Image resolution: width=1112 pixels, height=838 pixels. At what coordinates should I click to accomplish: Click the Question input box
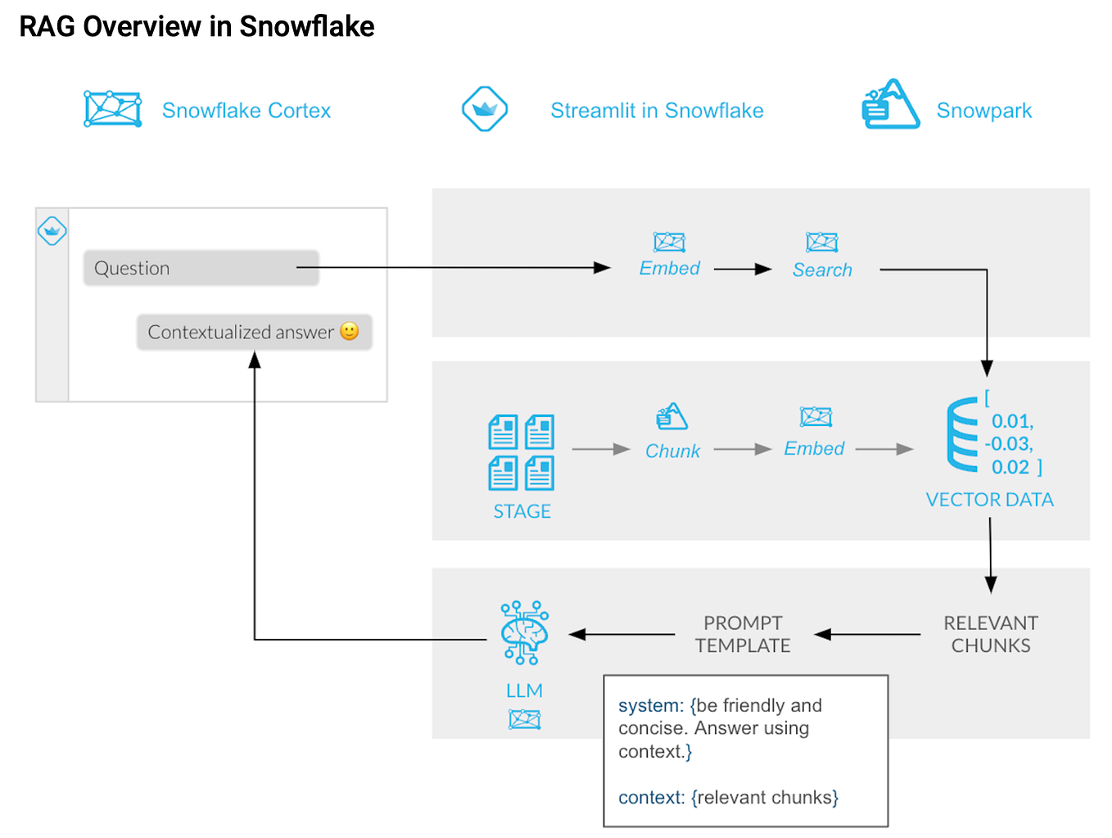tap(201, 268)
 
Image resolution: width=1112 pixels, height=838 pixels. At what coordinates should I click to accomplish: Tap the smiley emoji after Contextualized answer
tap(350, 331)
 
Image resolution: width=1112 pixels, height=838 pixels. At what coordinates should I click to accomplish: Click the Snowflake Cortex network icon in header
tap(113, 109)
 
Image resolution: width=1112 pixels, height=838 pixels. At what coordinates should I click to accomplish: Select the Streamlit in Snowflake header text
tap(657, 111)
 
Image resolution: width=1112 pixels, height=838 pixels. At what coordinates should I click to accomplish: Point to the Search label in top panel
tap(822, 270)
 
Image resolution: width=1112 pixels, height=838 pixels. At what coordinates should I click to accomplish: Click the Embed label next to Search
tap(669, 268)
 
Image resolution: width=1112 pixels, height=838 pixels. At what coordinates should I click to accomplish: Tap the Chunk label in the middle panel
tap(672, 451)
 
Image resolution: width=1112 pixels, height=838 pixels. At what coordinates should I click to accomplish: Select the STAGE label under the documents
tap(522, 511)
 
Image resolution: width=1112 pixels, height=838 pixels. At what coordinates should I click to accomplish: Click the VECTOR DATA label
tap(989, 500)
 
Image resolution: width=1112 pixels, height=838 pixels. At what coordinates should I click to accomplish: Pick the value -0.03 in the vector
tap(1009, 444)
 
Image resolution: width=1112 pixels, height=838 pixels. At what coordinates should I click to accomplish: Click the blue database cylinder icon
tap(962, 435)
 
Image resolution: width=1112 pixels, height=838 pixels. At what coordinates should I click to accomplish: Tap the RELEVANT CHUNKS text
tap(990, 634)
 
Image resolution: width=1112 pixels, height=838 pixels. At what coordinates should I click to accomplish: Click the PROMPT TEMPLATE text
tap(743, 634)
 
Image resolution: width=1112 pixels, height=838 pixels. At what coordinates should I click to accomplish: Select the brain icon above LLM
tap(524, 632)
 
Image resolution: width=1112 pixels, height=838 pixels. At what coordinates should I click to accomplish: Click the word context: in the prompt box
tap(651, 797)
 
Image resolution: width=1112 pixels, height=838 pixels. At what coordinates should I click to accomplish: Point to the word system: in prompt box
tap(650, 705)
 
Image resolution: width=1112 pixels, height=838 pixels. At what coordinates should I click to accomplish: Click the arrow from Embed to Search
tap(743, 269)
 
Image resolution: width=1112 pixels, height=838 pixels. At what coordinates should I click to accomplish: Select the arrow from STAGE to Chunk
tap(600, 449)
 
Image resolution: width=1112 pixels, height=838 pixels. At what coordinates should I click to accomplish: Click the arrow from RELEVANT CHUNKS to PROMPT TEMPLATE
tap(867, 634)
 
